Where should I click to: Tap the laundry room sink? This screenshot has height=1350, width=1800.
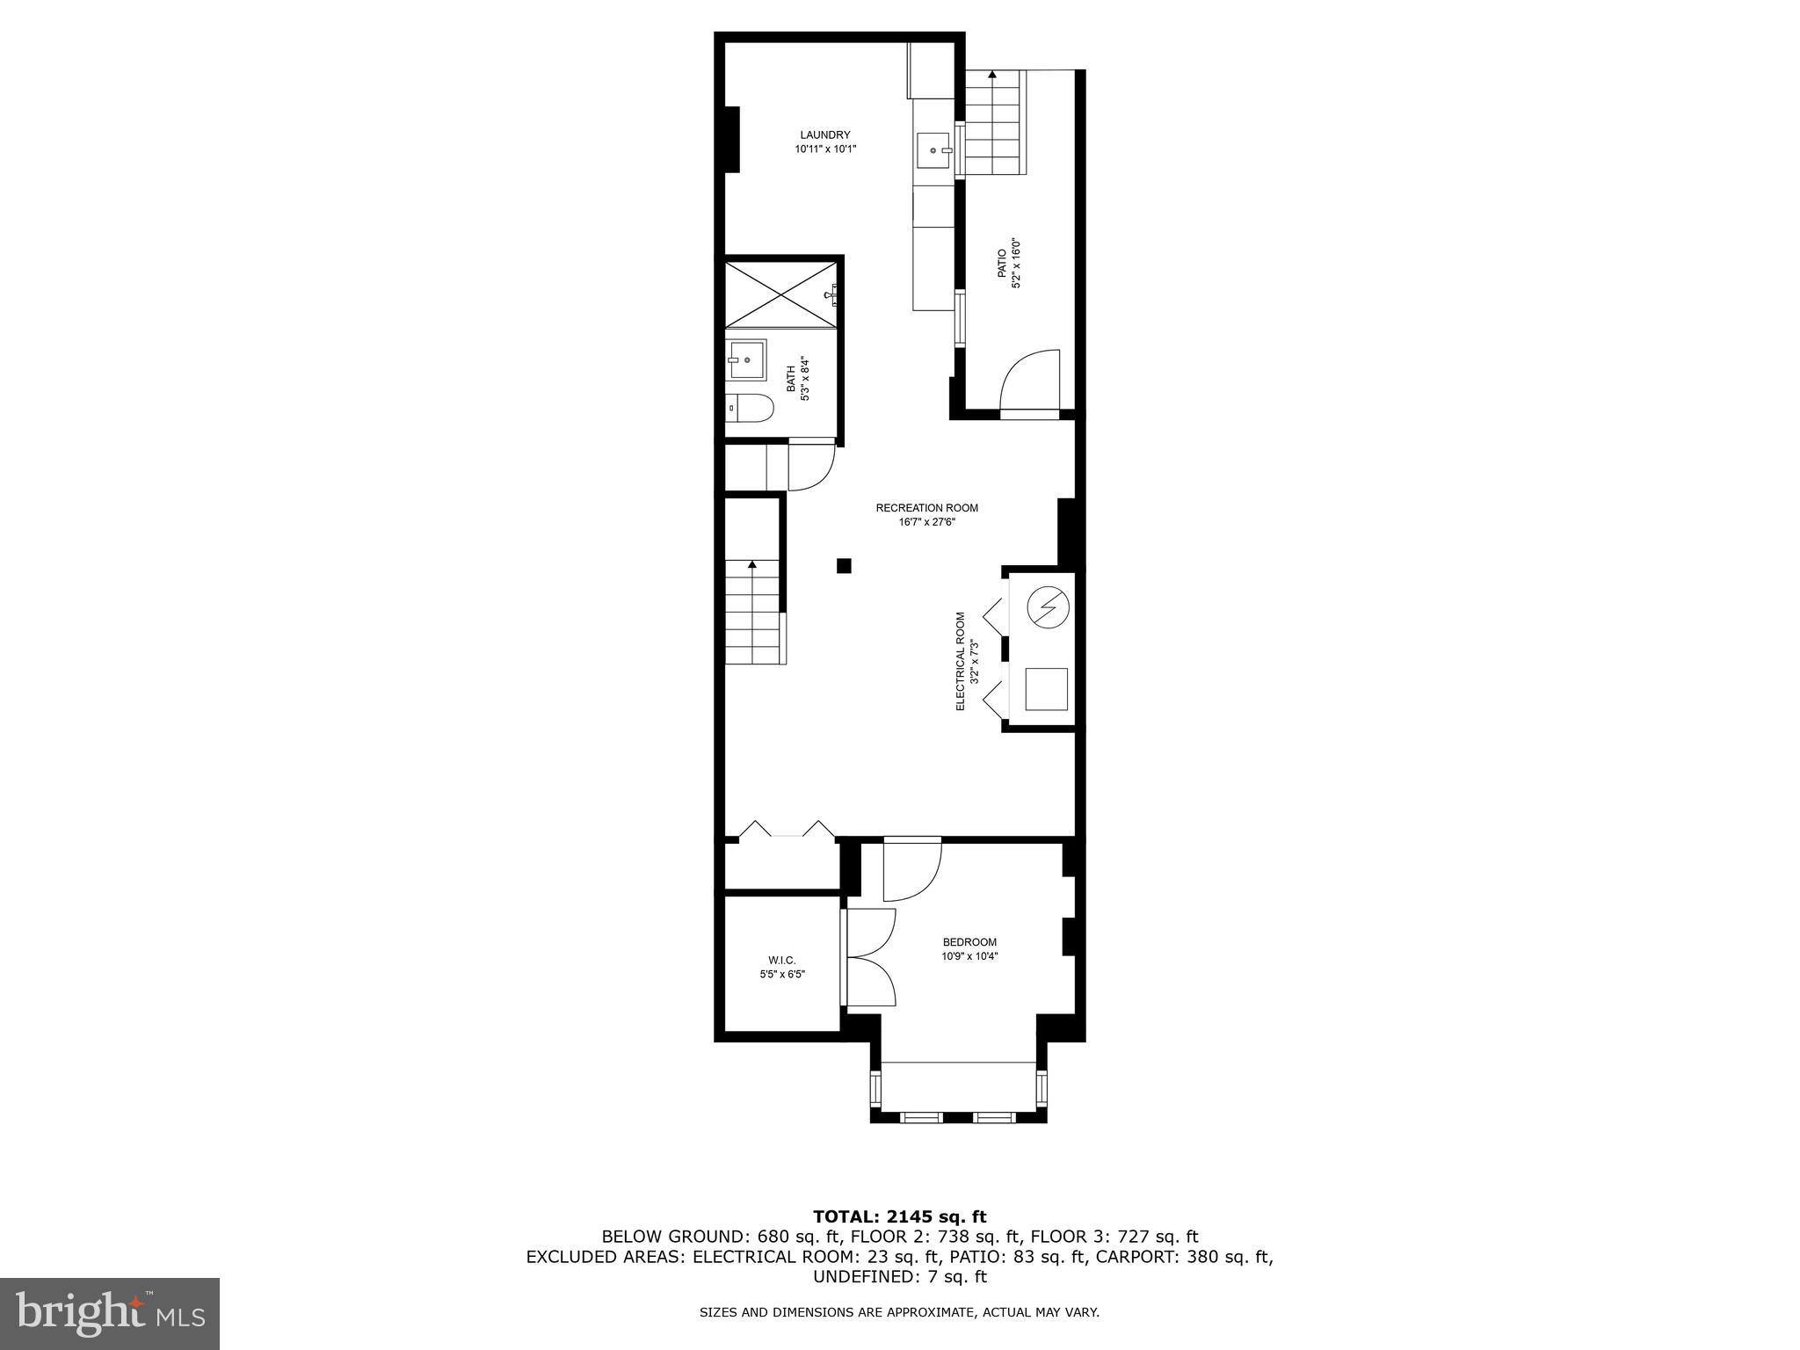[933, 150]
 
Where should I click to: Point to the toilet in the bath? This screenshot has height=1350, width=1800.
[752, 408]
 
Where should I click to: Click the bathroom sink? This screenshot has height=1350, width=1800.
[747, 359]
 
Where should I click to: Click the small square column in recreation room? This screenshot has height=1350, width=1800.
[844, 566]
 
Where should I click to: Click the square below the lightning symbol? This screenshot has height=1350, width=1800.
[1048, 689]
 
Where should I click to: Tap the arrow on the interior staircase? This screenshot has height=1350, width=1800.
[751, 565]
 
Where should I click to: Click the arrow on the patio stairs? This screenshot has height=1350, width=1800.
[992, 75]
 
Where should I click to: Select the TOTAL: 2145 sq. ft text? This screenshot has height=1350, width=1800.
[899, 1216]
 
